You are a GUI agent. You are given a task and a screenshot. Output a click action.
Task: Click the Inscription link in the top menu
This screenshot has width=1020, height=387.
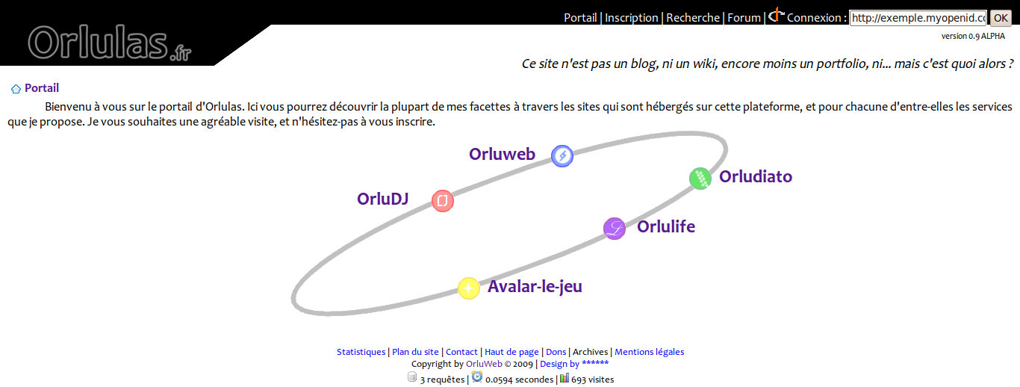(631, 18)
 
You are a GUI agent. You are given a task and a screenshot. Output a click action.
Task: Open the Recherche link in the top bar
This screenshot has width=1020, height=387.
(693, 18)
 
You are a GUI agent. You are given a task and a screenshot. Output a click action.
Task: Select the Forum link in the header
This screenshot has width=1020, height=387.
(744, 18)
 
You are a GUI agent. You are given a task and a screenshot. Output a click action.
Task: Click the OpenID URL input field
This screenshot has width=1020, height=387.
(918, 18)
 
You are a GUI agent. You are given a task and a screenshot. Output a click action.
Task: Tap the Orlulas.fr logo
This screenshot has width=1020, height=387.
(109, 43)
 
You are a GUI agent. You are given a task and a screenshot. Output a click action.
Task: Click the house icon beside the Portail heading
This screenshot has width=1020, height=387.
(16, 89)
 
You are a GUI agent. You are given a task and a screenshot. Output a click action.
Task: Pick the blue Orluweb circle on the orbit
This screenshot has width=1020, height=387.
(562, 156)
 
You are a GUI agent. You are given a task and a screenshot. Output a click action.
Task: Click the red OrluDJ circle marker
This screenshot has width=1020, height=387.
(443, 201)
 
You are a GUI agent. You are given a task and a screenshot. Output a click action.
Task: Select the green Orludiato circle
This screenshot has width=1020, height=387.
(700, 179)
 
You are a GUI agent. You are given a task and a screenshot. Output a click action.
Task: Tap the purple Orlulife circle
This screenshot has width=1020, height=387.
(615, 229)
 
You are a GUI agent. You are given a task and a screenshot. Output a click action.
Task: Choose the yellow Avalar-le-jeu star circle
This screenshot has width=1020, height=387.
(469, 288)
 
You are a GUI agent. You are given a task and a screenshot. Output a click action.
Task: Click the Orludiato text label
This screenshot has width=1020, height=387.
(756, 176)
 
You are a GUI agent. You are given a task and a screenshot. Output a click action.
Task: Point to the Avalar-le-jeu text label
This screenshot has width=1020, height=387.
(535, 287)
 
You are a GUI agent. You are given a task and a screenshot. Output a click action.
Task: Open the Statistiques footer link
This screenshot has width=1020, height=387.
(361, 352)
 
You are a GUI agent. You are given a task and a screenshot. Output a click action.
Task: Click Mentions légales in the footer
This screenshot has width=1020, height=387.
(650, 352)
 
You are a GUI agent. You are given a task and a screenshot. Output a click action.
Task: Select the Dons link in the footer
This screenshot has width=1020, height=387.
(556, 352)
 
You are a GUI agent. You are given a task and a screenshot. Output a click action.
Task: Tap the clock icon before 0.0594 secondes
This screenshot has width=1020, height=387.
(476, 377)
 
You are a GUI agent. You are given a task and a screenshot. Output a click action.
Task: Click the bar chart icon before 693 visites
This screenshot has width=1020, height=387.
(565, 378)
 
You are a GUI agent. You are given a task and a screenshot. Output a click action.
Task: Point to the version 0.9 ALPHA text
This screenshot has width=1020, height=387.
(973, 36)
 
